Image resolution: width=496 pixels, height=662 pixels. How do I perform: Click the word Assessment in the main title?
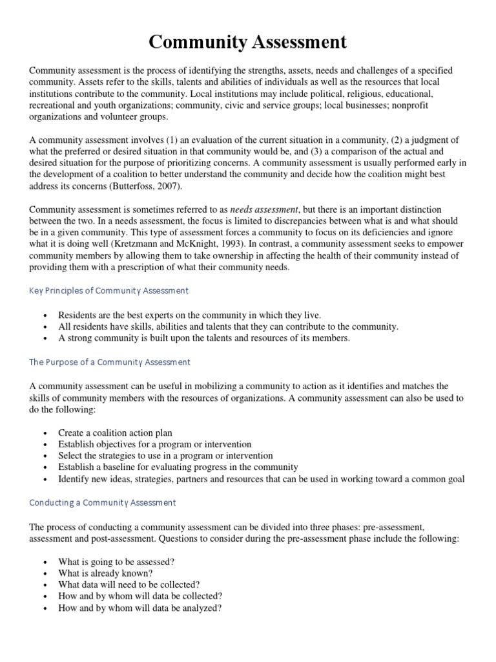click(286, 42)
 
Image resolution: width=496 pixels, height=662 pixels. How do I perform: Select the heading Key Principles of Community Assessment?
click(109, 291)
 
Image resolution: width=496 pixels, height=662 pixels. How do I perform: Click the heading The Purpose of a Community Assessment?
click(110, 362)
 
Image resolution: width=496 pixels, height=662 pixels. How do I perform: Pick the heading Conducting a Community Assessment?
click(103, 502)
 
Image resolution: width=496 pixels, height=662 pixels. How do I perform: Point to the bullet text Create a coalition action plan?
click(115, 432)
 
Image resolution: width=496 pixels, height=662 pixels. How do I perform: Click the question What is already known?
click(105, 573)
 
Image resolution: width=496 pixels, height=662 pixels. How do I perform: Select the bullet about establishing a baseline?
click(178, 467)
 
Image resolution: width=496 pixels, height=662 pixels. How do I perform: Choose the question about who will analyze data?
click(140, 608)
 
